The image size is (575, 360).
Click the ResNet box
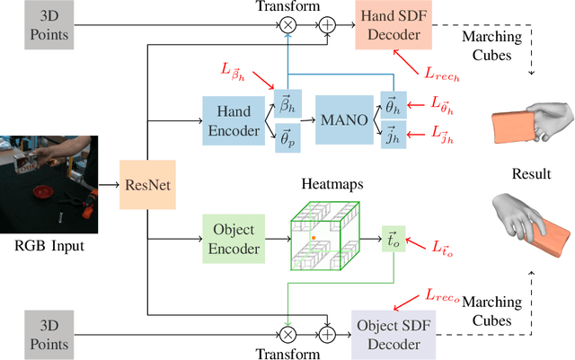coord(145,185)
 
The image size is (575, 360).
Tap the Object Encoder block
coord(231,239)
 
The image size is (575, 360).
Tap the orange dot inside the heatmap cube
coord(314,238)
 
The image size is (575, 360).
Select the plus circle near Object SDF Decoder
coord(328,332)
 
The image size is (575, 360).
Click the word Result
coord(531,173)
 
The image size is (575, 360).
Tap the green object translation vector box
coord(394,239)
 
